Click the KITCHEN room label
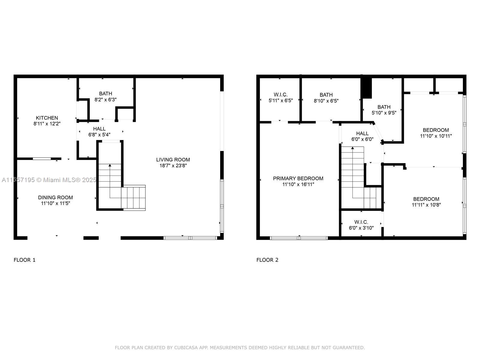tap(47, 118)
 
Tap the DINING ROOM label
tap(55, 197)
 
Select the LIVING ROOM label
tap(173, 160)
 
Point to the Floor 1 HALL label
tap(99, 129)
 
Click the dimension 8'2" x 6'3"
tap(105, 100)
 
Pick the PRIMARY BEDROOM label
tap(298, 178)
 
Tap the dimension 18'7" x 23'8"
tap(173, 166)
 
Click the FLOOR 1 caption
tap(25, 260)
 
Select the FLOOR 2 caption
tap(267, 260)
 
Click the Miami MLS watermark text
tap(49, 180)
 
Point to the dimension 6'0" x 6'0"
tap(362, 139)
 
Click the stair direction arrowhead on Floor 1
tap(110, 165)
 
